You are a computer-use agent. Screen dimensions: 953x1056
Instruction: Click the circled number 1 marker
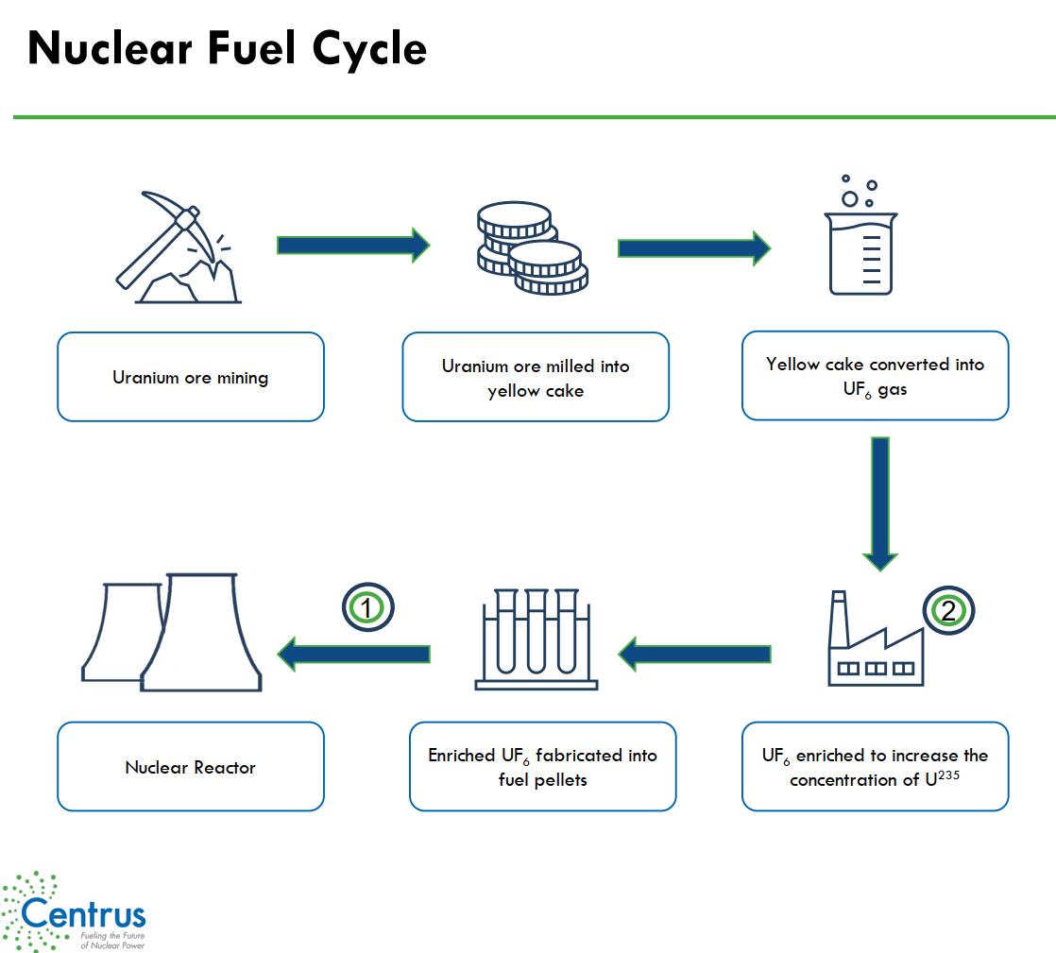(x=367, y=608)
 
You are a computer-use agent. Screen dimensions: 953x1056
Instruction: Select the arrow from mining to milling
(x=352, y=246)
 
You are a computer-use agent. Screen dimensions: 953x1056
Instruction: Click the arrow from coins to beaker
(x=693, y=248)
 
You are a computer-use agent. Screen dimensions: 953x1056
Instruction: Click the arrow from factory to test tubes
(x=694, y=653)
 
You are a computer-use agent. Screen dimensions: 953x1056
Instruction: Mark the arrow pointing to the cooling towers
(x=353, y=653)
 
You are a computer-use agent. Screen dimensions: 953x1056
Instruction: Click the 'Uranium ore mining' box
(x=191, y=377)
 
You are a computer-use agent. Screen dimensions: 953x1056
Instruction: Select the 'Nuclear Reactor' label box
(x=191, y=767)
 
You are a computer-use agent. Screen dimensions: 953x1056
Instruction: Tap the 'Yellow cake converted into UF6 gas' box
(x=875, y=376)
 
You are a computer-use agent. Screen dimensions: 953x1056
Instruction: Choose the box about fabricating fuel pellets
(x=542, y=767)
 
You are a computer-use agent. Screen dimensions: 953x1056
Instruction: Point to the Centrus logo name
(x=83, y=914)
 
